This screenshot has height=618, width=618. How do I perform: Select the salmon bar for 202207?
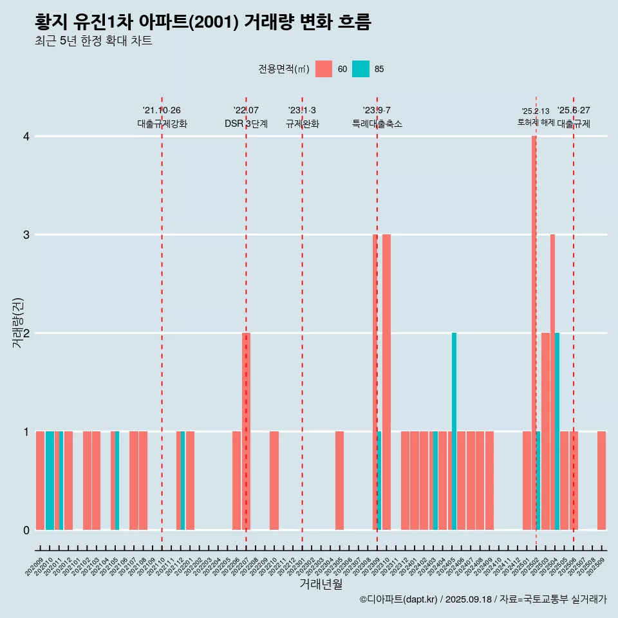click(246, 431)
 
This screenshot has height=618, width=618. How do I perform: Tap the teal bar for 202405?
click(454, 431)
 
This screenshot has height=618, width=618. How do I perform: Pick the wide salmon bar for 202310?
click(386, 382)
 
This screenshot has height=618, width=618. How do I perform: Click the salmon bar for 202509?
click(601, 480)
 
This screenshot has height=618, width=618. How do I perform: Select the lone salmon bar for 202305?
click(339, 480)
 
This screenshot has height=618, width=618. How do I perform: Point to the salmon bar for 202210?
click(274, 480)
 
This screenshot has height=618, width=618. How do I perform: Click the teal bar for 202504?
click(557, 431)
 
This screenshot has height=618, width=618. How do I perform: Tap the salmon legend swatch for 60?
click(324, 69)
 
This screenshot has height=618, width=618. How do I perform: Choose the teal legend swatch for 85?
click(361, 69)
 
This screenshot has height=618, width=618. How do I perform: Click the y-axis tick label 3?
click(26, 235)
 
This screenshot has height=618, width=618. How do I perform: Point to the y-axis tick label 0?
click(26, 530)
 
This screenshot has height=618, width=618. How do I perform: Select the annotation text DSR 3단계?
click(246, 124)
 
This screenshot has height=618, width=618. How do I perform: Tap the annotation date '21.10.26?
click(162, 110)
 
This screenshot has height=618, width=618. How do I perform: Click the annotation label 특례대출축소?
click(377, 124)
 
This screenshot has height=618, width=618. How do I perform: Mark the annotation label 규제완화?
click(302, 124)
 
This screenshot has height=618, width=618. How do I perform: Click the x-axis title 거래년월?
click(321, 584)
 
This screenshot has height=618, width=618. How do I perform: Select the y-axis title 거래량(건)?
click(17, 322)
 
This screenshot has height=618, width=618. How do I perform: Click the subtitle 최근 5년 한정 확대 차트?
click(94, 41)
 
